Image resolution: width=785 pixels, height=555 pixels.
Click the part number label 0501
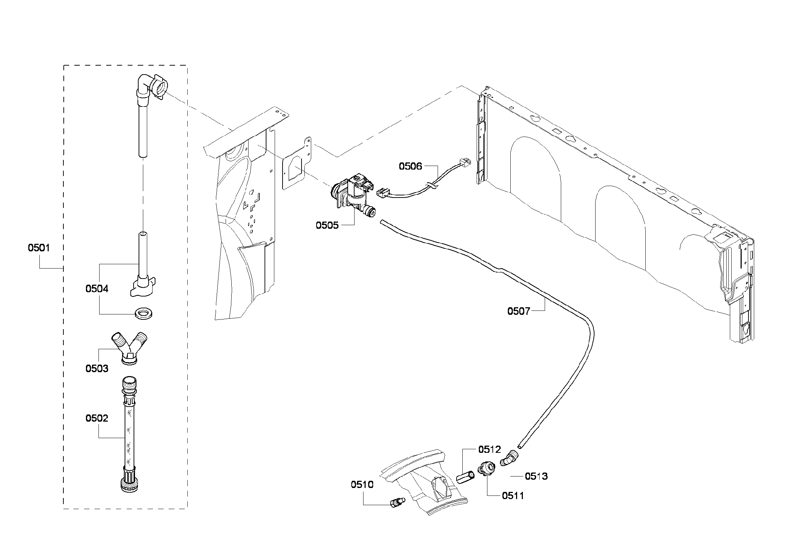39,248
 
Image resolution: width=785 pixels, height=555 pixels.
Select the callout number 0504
97,289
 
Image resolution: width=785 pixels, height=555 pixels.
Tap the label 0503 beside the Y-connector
97,369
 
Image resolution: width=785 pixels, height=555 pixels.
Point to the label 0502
97,418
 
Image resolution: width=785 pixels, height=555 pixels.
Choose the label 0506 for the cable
410,166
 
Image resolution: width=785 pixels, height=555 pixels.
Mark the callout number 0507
519,311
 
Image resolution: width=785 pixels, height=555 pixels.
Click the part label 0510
362,485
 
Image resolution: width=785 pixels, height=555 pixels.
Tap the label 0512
490,450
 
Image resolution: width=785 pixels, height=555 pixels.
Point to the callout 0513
536,476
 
